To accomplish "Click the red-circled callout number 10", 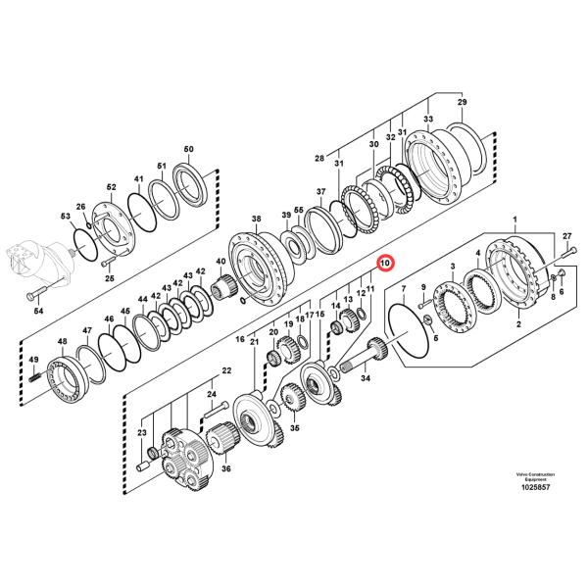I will (x=384, y=264).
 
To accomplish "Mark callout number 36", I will (x=226, y=468).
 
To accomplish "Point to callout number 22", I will (x=226, y=370).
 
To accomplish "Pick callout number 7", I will (x=403, y=286).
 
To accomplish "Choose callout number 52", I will (x=112, y=186).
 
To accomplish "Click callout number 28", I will (x=318, y=159).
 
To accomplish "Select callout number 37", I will (x=319, y=191).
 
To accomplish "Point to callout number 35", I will (x=295, y=428).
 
